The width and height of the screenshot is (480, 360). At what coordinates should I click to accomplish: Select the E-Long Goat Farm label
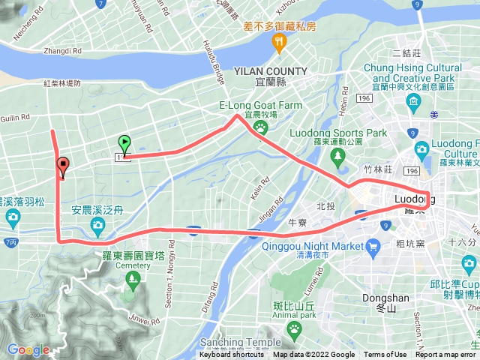click(261, 106)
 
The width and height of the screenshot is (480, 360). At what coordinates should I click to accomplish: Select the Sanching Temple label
click(241, 342)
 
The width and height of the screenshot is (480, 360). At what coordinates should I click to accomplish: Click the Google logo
click(28, 349)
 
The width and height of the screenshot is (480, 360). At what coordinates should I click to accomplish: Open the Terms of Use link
click(385, 355)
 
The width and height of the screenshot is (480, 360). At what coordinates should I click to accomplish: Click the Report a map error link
click(446, 355)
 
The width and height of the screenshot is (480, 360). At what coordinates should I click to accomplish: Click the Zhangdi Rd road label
click(63, 51)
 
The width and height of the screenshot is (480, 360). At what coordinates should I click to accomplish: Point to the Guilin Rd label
click(15, 117)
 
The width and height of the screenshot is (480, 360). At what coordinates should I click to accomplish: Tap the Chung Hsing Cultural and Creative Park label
click(412, 73)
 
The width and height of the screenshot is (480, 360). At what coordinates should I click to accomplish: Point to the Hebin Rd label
click(342, 106)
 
